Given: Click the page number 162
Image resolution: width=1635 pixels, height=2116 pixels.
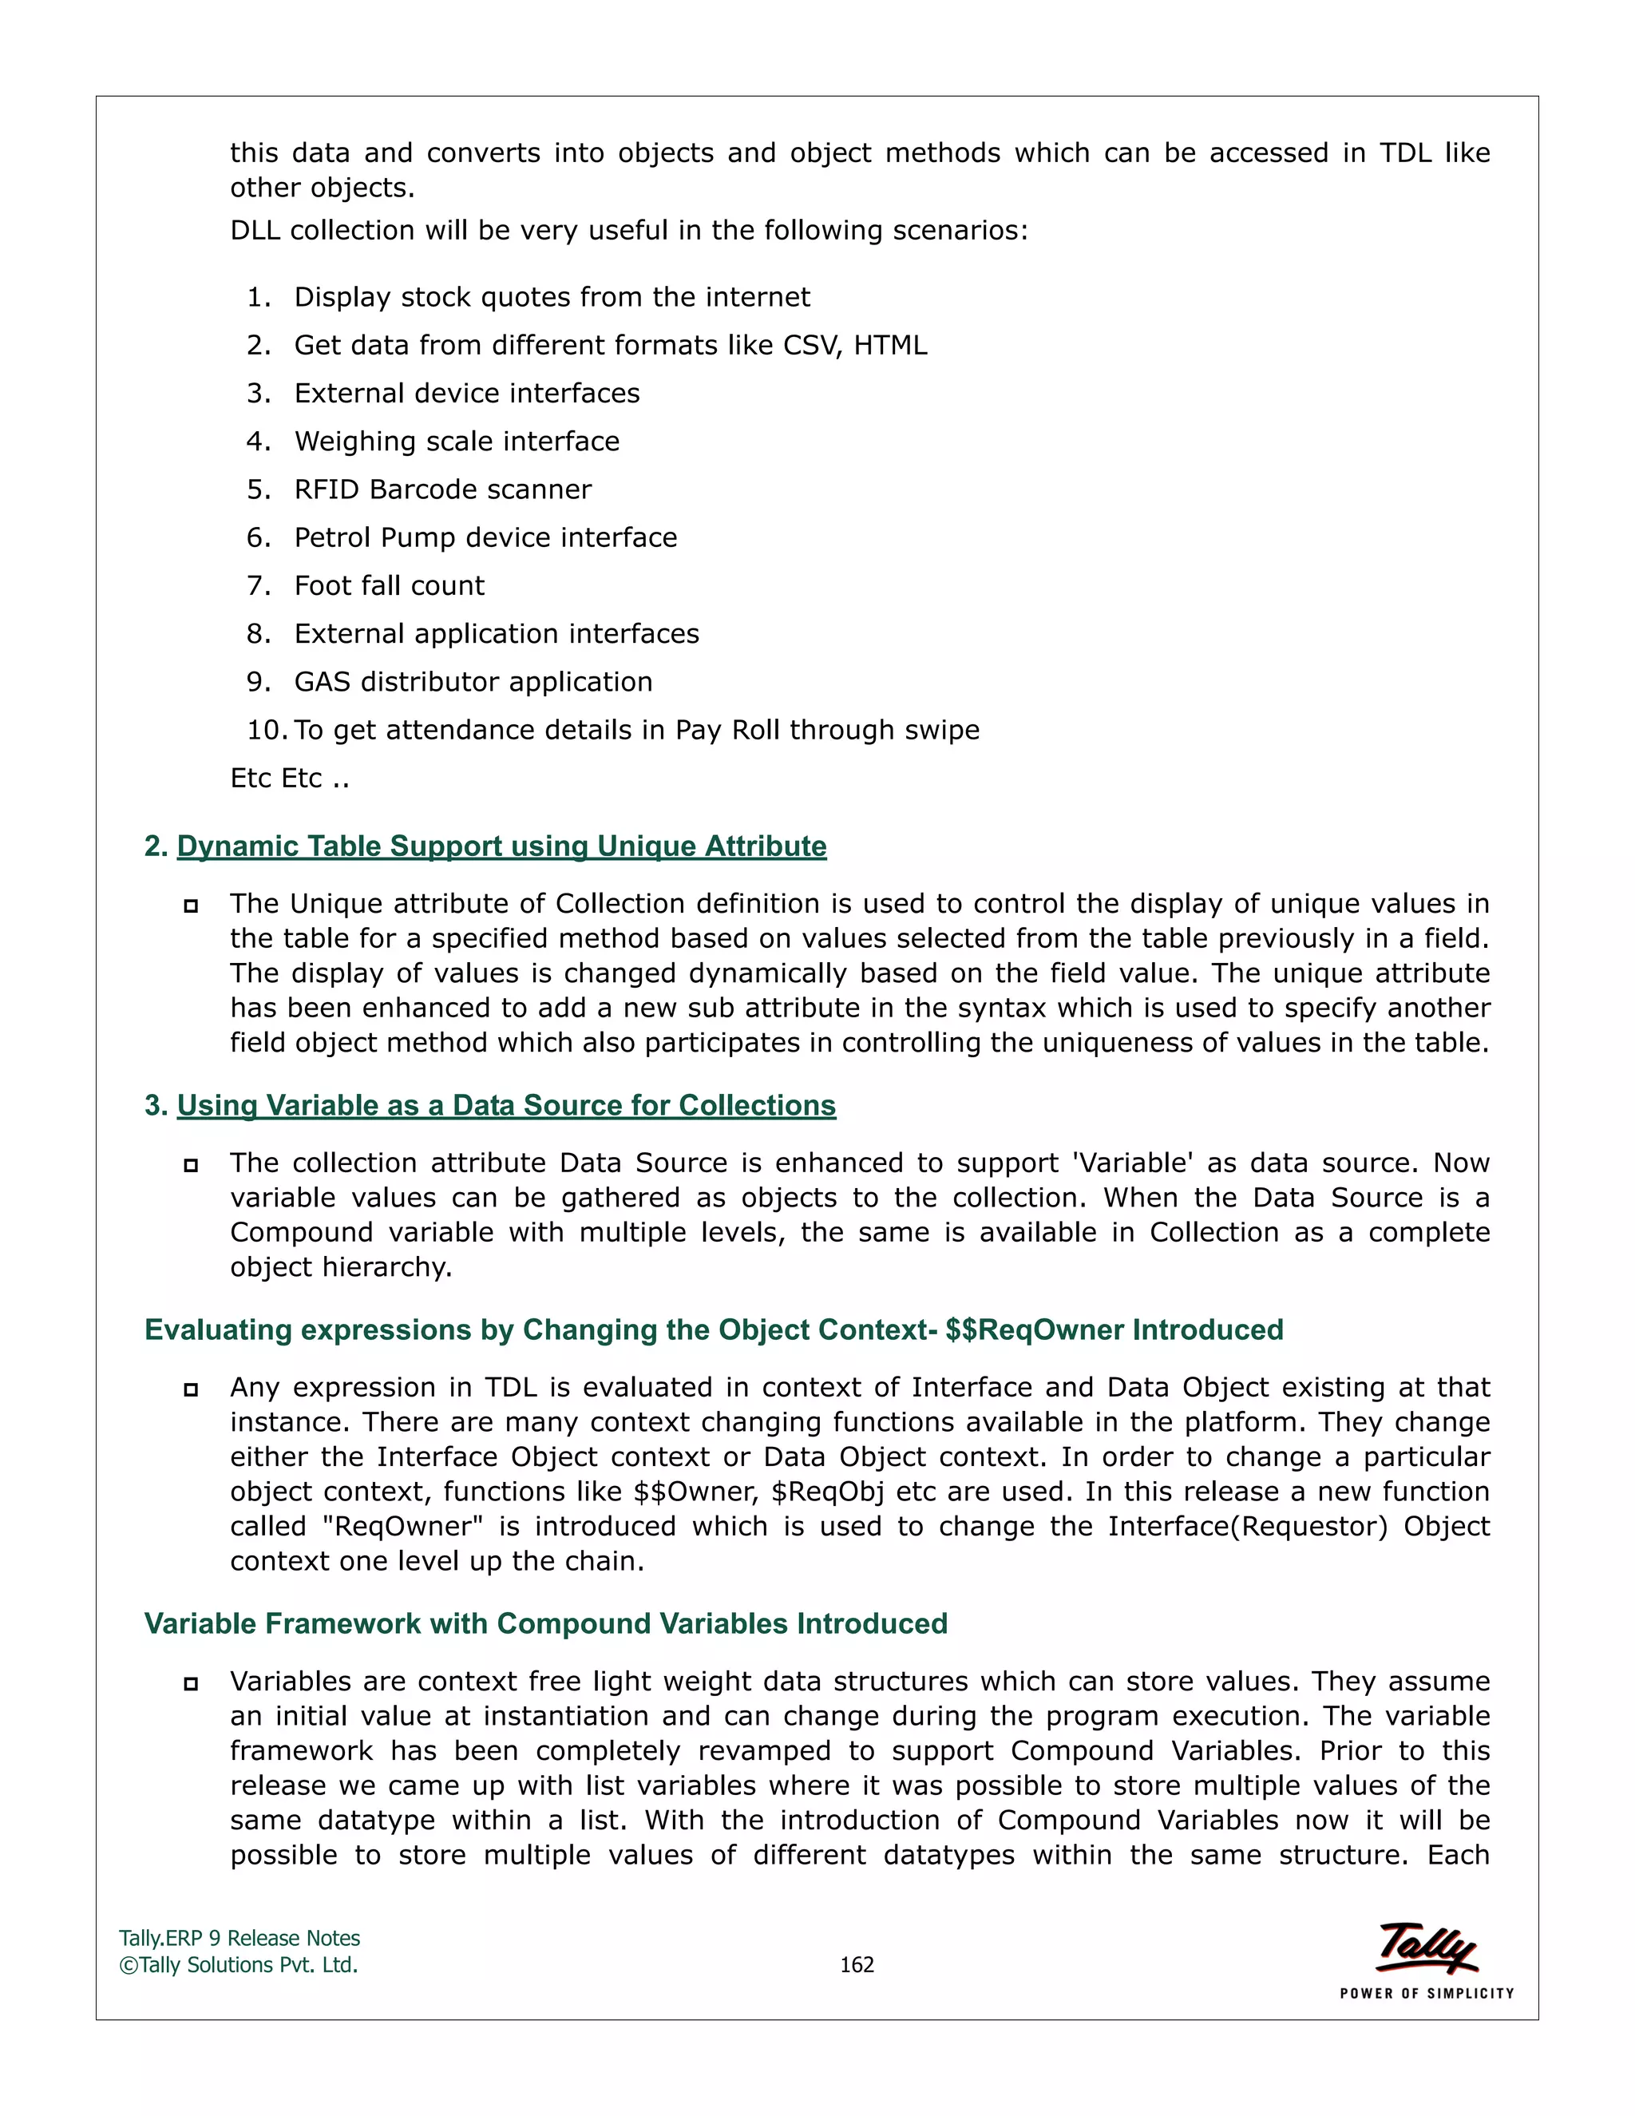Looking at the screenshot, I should [x=857, y=1965].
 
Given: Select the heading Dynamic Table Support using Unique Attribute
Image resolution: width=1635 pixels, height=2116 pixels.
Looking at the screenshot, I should [x=501, y=846].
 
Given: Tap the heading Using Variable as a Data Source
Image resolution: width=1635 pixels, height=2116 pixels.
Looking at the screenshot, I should [x=505, y=1105].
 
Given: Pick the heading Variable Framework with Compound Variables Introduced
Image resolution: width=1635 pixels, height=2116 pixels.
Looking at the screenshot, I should [x=545, y=1624].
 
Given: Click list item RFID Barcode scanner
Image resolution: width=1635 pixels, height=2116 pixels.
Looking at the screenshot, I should [x=442, y=489].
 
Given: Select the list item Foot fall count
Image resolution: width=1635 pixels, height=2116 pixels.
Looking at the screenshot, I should [x=390, y=585].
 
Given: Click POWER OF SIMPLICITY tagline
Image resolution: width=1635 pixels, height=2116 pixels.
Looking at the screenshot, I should [x=1426, y=1993].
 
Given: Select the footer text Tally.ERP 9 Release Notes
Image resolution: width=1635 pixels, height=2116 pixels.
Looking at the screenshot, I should [x=240, y=1938].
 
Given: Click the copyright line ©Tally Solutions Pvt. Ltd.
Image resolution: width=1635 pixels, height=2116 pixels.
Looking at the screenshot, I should [x=238, y=1965].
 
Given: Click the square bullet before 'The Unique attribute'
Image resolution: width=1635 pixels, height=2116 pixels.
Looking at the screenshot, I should [x=191, y=906].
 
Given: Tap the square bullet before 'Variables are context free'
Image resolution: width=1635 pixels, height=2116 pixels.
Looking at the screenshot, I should [x=191, y=1684].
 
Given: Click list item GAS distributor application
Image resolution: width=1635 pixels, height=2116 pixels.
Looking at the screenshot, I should [x=473, y=681].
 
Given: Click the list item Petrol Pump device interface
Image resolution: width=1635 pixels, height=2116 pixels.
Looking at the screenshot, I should [x=485, y=537].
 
